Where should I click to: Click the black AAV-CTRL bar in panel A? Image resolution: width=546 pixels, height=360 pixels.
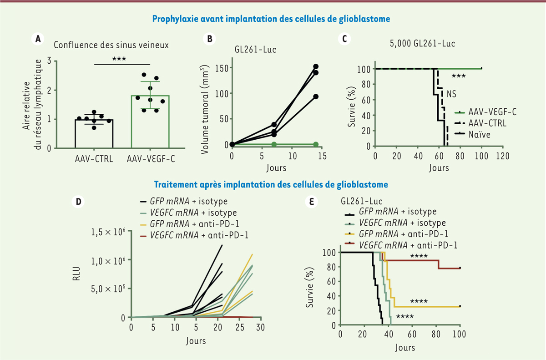(94, 133)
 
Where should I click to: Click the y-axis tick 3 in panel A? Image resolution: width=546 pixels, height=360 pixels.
(61, 61)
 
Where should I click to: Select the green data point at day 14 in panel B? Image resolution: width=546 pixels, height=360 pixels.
(315, 144)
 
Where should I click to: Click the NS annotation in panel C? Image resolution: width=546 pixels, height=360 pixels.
(451, 94)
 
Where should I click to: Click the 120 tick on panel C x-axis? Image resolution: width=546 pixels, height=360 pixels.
(503, 156)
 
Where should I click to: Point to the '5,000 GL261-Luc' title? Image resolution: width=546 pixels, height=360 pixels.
(422, 45)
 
